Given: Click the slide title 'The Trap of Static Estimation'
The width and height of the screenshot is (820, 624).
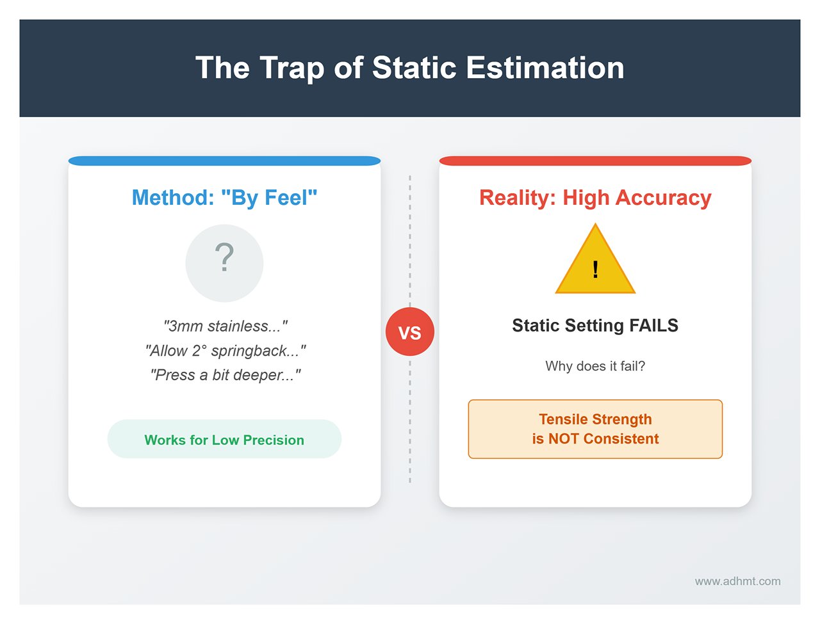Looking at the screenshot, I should click(409, 68).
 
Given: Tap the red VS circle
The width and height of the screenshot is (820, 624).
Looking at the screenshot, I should click(410, 332).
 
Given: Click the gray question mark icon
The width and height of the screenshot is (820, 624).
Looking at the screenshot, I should click(224, 262).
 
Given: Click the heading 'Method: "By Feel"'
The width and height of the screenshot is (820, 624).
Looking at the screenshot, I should click(224, 198).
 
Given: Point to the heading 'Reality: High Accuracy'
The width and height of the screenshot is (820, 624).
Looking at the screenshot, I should click(595, 198).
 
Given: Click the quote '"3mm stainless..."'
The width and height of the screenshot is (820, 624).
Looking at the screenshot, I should click(225, 326).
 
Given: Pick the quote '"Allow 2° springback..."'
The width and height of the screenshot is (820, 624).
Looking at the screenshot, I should click(225, 351).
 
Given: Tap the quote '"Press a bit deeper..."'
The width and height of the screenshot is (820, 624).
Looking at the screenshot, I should click(225, 375).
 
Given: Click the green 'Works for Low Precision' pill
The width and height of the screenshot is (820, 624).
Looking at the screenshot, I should click(224, 440).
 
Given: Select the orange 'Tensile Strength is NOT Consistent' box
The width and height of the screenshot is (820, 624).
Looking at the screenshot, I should click(595, 429).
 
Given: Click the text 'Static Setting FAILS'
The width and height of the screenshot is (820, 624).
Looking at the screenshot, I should click(595, 326).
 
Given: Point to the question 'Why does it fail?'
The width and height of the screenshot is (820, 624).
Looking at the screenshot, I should click(595, 366).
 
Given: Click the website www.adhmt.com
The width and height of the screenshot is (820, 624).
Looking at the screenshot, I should click(737, 581).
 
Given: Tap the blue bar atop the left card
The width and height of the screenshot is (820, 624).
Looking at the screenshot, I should click(224, 161).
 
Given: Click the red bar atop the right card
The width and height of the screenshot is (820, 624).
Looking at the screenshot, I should click(595, 161).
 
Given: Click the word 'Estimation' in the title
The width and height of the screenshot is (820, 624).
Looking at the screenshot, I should click(545, 68).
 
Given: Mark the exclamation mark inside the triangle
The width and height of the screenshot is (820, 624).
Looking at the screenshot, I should click(595, 269).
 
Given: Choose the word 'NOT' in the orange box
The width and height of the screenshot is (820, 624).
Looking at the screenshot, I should click(564, 439).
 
